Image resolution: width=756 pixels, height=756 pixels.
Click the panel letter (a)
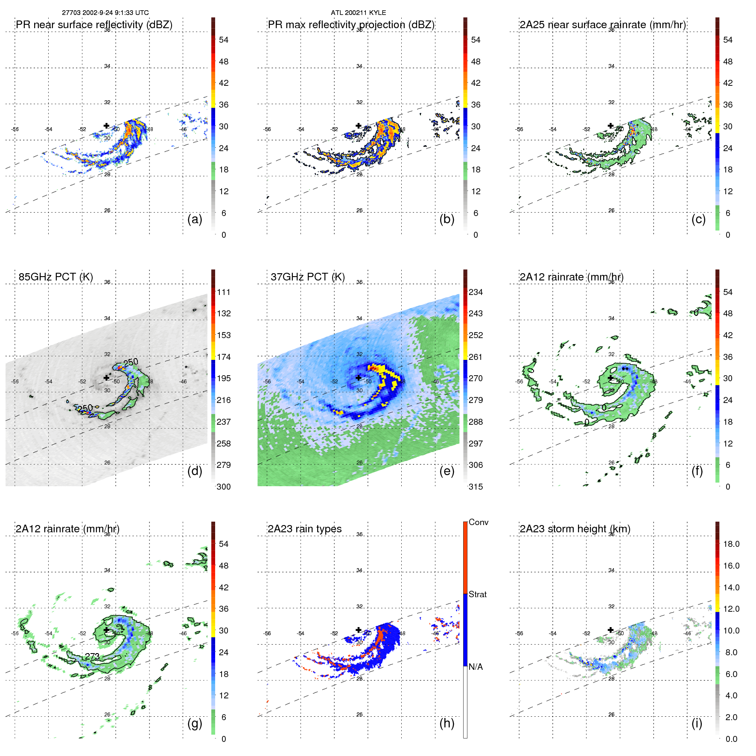[195, 219]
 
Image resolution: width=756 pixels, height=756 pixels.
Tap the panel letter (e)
[447, 471]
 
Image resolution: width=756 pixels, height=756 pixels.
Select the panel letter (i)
[697, 723]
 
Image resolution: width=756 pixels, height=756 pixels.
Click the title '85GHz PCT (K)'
[55, 277]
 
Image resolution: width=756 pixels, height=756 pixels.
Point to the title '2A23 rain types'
[304, 529]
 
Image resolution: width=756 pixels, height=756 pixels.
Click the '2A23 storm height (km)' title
[575, 529]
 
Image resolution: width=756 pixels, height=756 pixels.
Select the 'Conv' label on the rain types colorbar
[478, 522]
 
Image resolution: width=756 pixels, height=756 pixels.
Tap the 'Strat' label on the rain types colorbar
[477, 594]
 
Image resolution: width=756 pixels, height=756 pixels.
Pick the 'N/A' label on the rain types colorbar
[476, 667]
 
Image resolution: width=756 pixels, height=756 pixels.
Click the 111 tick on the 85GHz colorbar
[224, 292]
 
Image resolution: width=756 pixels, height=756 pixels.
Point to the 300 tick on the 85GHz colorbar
[224, 487]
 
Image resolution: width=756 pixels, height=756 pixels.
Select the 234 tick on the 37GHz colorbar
[476, 292]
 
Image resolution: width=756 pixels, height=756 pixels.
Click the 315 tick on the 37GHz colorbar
[476, 487]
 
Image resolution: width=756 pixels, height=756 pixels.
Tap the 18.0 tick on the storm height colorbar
[731, 544]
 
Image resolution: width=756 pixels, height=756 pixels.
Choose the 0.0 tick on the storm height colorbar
[731, 739]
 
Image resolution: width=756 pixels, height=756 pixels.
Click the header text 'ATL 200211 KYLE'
[358, 13]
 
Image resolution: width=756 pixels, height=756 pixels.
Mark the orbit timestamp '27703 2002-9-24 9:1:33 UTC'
[105, 13]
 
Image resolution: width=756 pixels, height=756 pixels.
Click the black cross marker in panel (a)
[106, 126]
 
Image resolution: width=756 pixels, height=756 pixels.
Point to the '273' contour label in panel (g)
[92, 656]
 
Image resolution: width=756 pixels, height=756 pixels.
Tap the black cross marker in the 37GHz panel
[359, 377]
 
